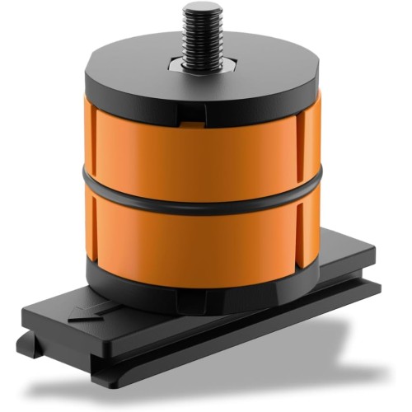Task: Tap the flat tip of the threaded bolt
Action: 200,7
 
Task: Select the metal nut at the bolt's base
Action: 200,62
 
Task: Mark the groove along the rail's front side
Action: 247,330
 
